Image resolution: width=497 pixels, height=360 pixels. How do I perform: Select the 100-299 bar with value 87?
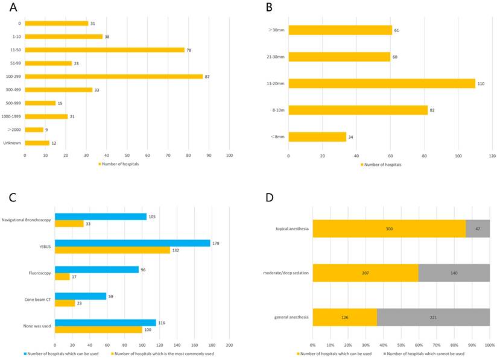[x=114, y=76]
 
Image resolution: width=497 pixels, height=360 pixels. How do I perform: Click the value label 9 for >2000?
[x=47, y=130]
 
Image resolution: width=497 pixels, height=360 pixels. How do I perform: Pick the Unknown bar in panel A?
[x=37, y=143]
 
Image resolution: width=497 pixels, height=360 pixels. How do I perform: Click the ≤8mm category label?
[x=277, y=137]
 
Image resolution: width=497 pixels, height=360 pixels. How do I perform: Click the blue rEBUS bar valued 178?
[x=132, y=243]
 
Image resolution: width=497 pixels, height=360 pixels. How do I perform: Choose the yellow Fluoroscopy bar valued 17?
[x=62, y=277]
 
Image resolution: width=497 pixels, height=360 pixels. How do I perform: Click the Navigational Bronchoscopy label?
[x=26, y=219]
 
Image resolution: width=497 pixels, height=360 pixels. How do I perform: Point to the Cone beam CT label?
[x=37, y=300]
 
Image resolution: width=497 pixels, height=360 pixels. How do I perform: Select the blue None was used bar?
[x=105, y=323]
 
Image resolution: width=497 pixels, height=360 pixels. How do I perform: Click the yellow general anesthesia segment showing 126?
[x=344, y=317]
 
